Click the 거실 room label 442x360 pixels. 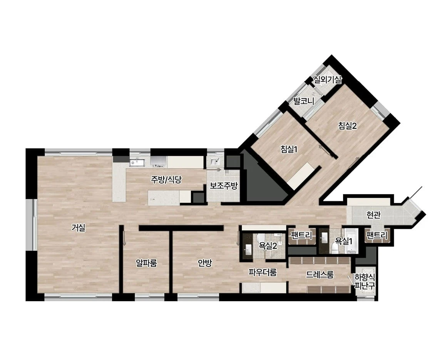pos(78,228)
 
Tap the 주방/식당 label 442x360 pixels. pos(166,180)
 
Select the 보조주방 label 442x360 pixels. pos(224,186)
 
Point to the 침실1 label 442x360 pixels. pos(289,149)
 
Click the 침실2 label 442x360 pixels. pos(348,126)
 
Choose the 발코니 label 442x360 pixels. pos(304,101)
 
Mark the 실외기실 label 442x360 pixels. pos(328,80)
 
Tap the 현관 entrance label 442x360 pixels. pos(373,215)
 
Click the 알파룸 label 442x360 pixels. pos(146,263)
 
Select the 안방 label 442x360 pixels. pos(205,263)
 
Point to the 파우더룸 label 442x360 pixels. pos(263,272)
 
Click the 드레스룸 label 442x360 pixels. pos(320,274)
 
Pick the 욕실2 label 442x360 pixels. pos(268,246)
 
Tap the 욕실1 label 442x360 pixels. pos(343,241)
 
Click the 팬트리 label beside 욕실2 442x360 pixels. pos(302,235)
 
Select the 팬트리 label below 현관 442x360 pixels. pos(377,235)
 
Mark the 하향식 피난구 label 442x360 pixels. pos(365,282)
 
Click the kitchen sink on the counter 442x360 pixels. pos(137,163)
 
